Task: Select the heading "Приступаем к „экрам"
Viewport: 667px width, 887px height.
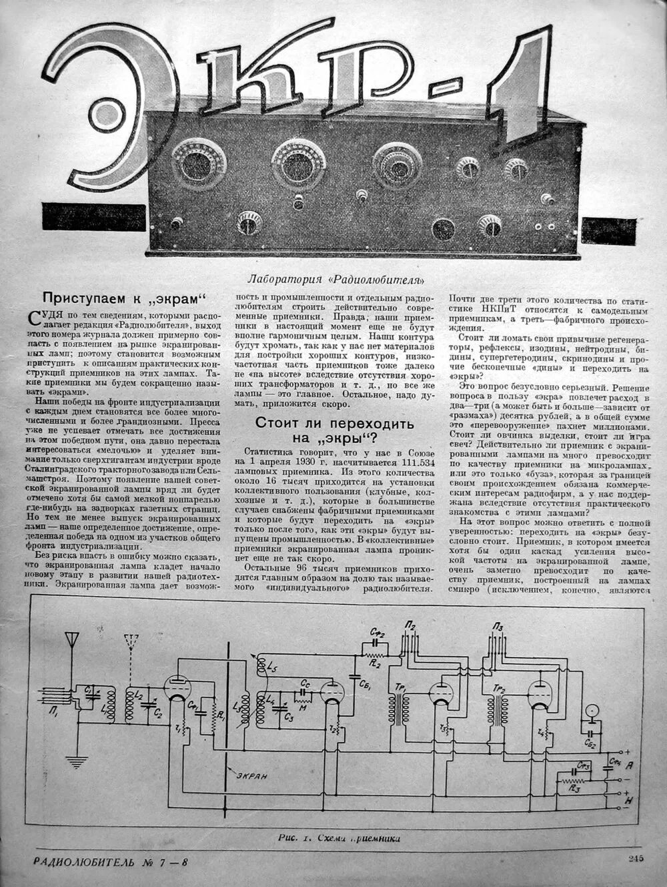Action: click(x=121, y=298)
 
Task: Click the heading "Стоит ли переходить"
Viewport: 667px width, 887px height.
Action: click(x=334, y=423)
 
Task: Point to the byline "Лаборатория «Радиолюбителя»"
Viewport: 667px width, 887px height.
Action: click(x=336, y=279)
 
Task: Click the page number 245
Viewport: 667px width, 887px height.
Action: click(x=634, y=859)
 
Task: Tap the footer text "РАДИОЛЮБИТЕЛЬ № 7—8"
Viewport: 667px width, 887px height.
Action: click(x=111, y=861)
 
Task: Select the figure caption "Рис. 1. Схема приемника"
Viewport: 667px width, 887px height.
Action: click(x=340, y=838)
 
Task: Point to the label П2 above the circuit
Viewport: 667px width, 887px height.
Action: click(x=410, y=625)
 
